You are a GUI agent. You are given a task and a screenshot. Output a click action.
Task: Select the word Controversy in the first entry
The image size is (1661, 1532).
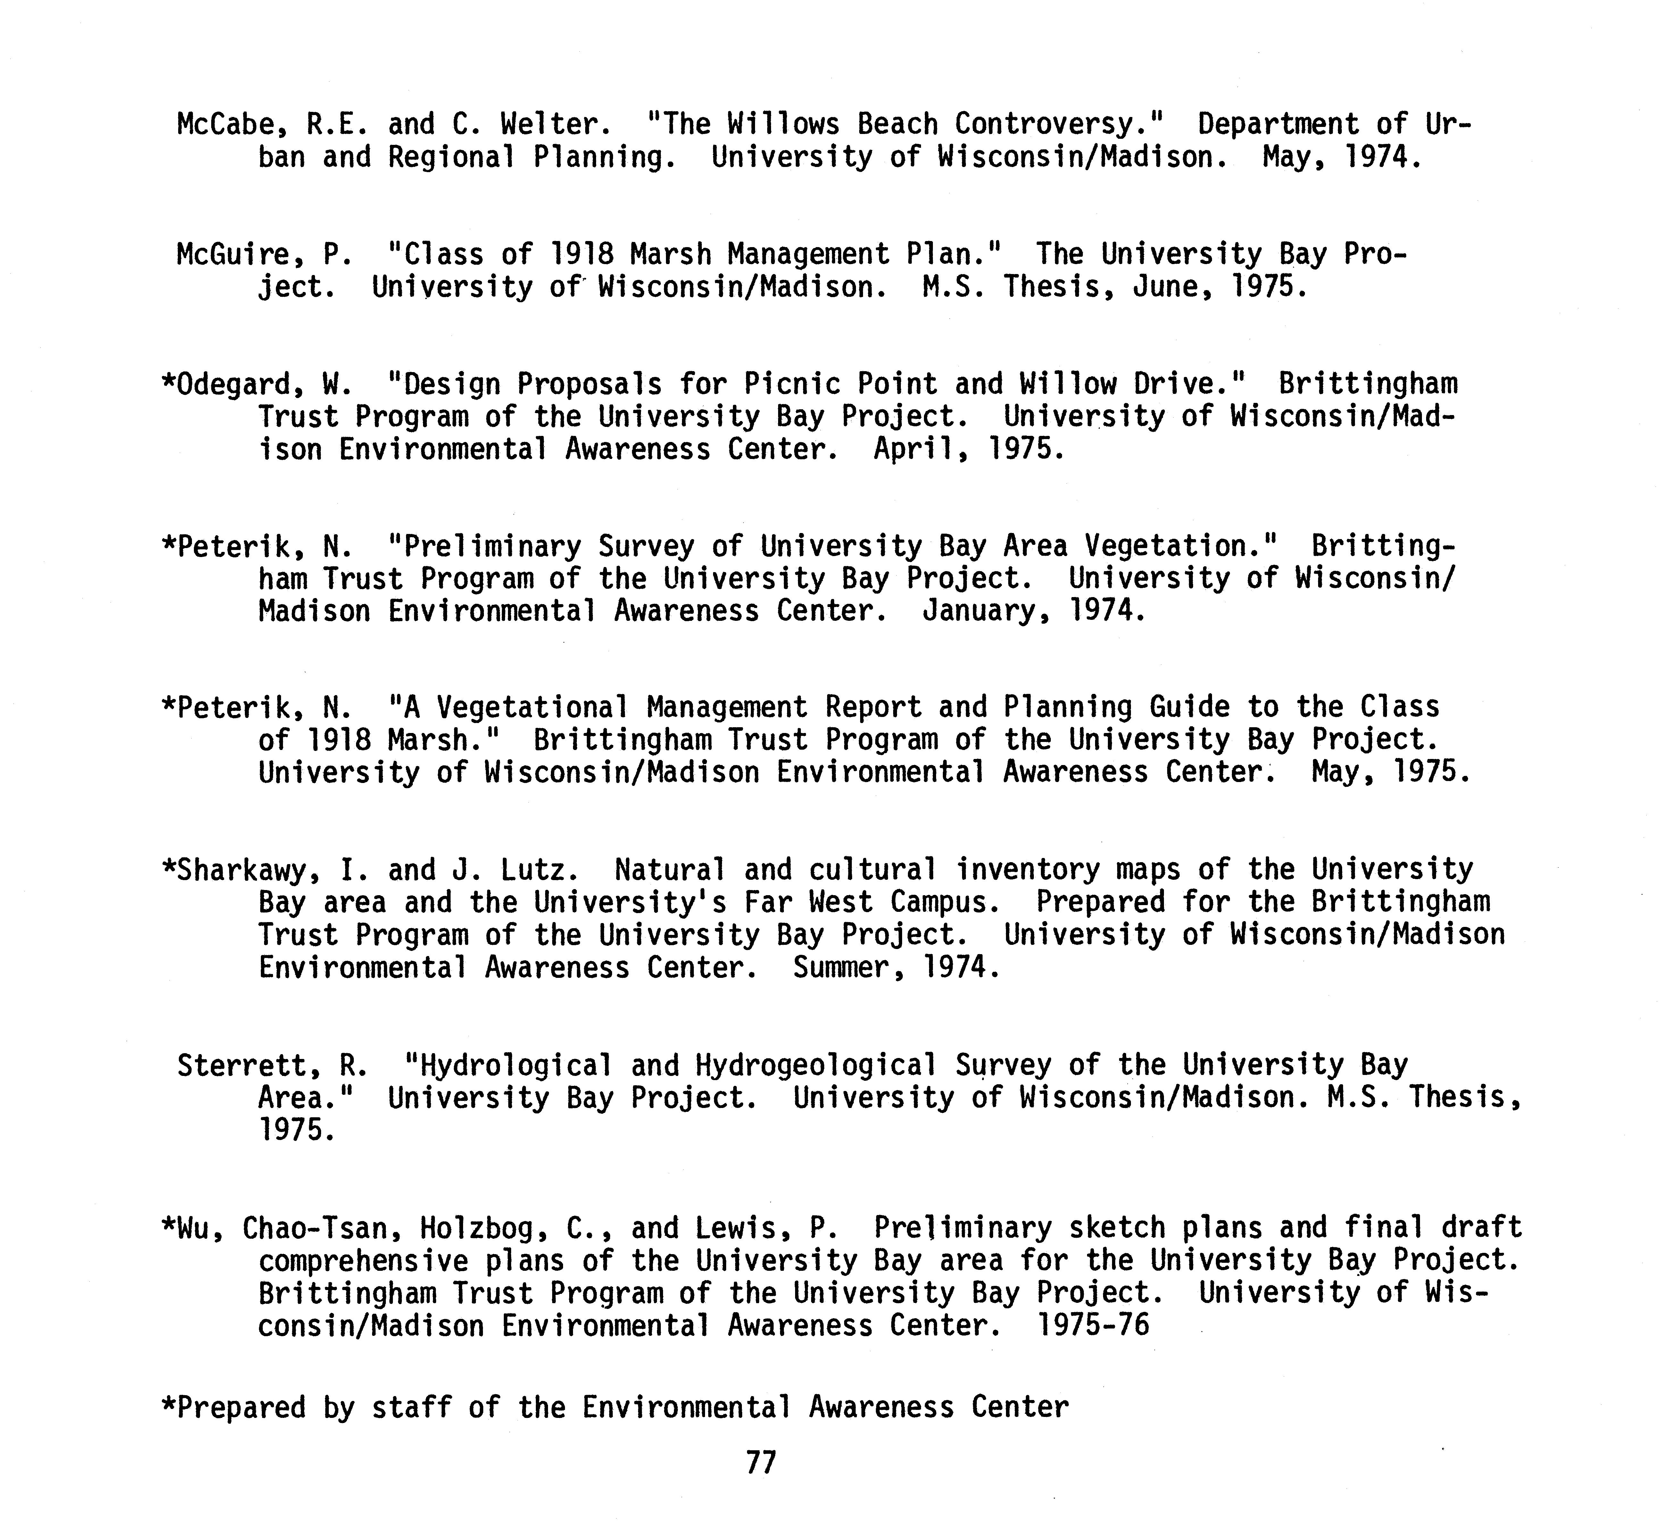pos(1059,124)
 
